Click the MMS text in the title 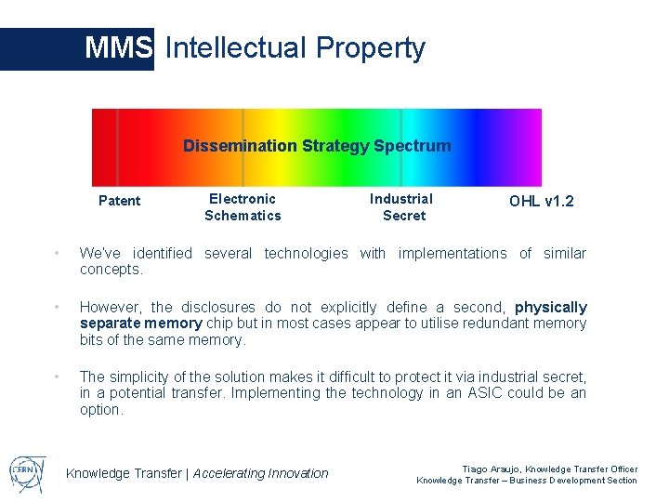pos(118,47)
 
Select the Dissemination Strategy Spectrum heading pos(317,146)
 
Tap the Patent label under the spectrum pos(120,201)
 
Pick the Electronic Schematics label pos(243,207)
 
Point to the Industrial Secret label pos(401,207)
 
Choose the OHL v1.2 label pos(542,201)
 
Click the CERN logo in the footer pos(29,469)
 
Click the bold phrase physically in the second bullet pos(551,307)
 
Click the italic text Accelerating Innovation pos(261,473)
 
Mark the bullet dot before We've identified pos(57,254)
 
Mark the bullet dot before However pos(57,308)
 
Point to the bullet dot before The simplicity pos(57,377)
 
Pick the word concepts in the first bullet pos(111,270)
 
